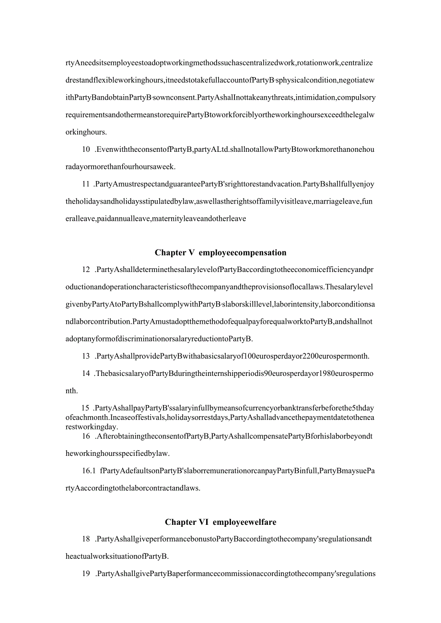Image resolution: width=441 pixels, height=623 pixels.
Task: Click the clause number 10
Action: click(x=86, y=149)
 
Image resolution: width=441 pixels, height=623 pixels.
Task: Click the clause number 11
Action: click(x=86, y=184)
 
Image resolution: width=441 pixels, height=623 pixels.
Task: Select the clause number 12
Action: click(x=86, y=270)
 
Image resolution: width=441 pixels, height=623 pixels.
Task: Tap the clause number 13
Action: click(x=86, y=356)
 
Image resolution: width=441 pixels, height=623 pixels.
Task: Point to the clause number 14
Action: click(x=86, y=374)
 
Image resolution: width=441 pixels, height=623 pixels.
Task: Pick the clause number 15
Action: click(x=85, y=408)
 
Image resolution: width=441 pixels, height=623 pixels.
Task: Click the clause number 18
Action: click(x=86, y=539)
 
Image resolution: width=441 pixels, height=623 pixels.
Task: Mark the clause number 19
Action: click(x=86, y=574)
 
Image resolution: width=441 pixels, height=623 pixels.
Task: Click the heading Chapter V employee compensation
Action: click(x=220, y=253)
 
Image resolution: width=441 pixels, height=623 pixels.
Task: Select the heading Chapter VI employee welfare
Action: click(x=220, y=522)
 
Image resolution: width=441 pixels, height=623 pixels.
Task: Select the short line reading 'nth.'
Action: click(x=71, y=391)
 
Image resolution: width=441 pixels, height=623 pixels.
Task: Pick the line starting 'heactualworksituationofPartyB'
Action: click(x=117, y=556)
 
